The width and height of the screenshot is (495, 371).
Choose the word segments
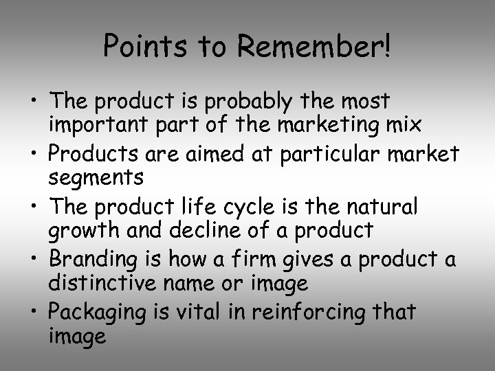pos(96,177)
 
